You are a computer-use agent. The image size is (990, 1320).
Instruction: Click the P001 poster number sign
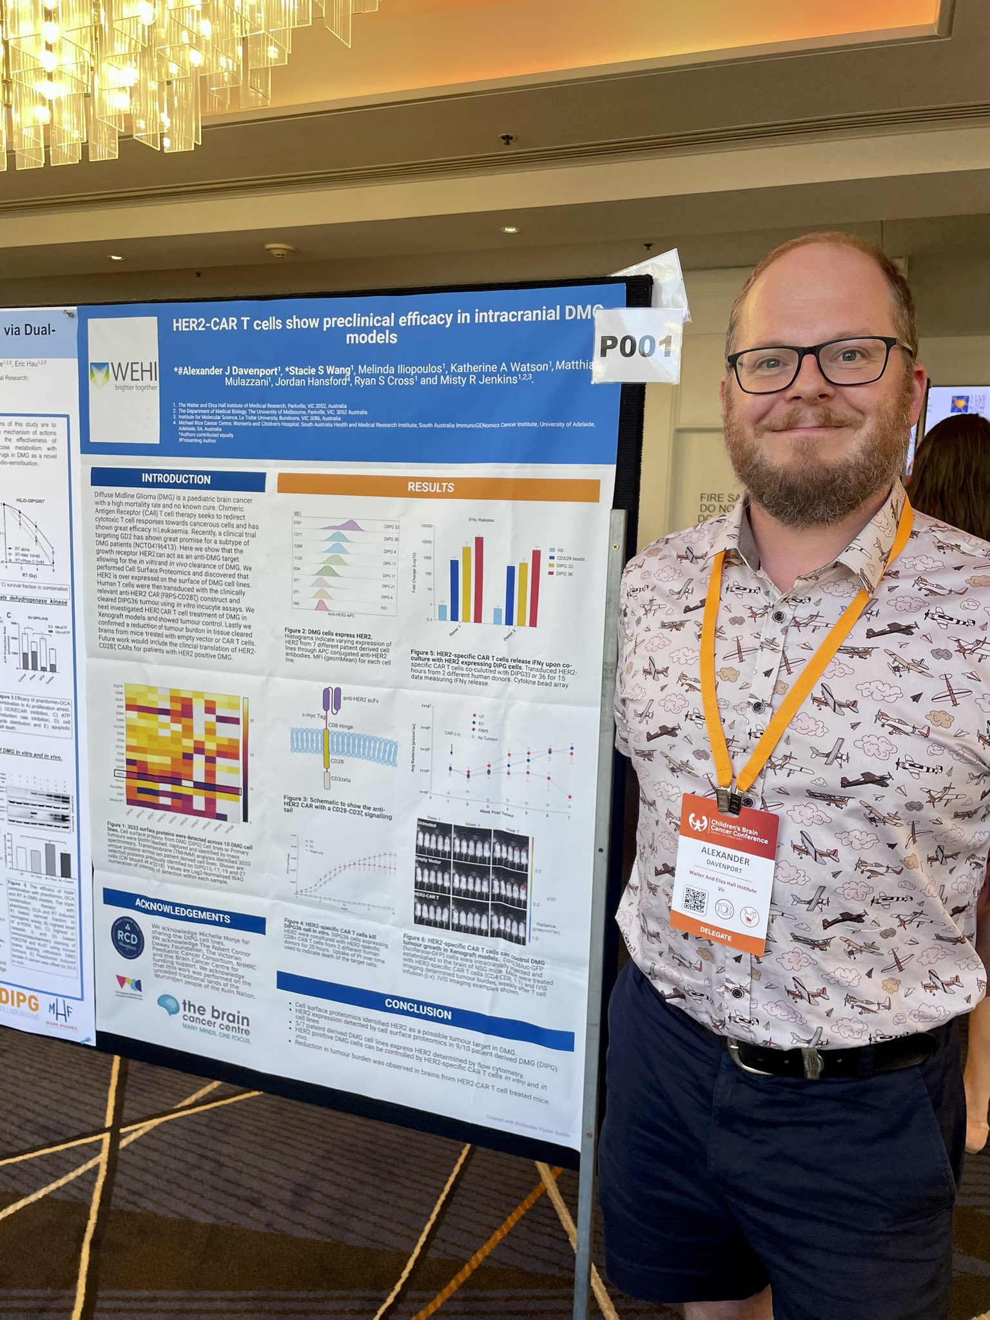(636, 346)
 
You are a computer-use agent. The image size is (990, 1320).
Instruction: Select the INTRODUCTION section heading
(177, 478)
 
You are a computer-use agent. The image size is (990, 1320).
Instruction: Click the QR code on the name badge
(696, 900)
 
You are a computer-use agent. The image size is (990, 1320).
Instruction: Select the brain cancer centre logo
(205, 1016)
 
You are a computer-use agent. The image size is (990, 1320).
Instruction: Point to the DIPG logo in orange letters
(19, 1003)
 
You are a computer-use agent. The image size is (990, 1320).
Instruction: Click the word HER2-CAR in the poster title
(206, 323)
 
